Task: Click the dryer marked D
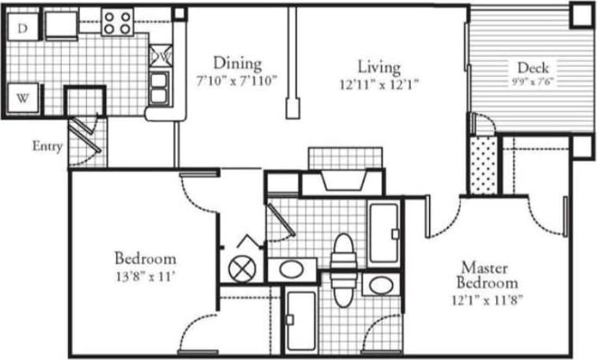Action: [x=23, y=28]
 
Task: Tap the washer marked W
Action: [x=23, y=97]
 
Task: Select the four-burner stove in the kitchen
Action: [x=116, y=22]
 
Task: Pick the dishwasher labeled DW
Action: [x=160, y=55]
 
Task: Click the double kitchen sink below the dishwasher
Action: [x=160, y=87]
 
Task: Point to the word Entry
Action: [x=47, y=146]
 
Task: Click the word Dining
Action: [x=237, y=64]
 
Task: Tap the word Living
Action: [x=379, y=65]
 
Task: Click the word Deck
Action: [x=533, y=68]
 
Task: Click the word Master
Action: [x=488, y=266]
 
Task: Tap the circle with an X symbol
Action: [x=242, y=267]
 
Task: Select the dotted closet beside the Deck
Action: [x=484, y=164]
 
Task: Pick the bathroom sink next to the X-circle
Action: [x=291, y=269]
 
